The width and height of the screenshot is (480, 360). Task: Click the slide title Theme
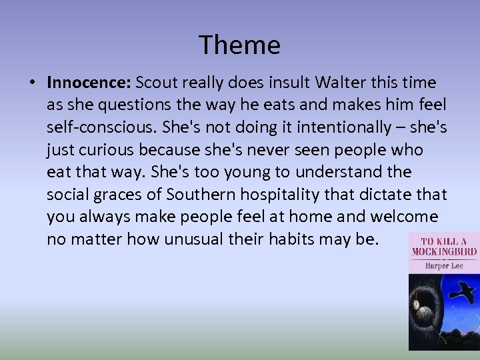tap(239, 45)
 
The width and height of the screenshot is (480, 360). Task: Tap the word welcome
tap(406, 217)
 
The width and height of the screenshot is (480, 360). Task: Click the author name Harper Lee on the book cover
tap(445, 265)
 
